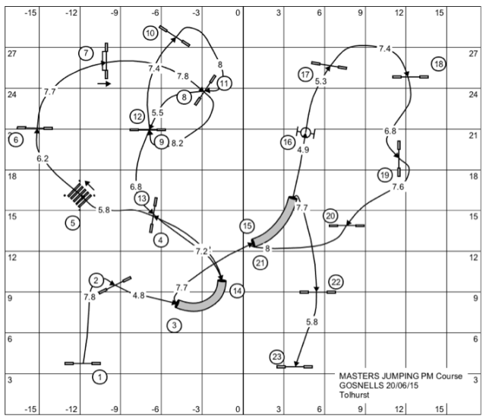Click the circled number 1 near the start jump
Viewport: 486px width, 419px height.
click(99, 377)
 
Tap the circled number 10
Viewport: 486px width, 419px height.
click(150, 33)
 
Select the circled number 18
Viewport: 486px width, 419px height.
click(439, 64)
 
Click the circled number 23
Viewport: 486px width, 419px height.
click(276, 357)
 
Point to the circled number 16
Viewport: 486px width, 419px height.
click(288, 142)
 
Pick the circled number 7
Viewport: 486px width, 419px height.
click(86, 53)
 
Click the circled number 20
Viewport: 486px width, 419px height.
click(330, 216)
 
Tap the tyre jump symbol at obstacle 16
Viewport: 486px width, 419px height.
click(305, 132)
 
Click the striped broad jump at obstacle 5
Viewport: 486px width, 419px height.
click(80, 195)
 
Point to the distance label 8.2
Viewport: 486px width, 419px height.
click(177, 144)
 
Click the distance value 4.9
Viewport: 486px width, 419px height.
click(303, 150)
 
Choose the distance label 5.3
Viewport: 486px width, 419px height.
click(320, 81)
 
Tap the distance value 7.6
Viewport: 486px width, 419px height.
click(398, 187)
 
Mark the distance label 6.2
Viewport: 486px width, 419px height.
click(43, 159)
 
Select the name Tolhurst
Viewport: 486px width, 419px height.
click(355, 395)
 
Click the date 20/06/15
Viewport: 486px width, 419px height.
click(402, 386)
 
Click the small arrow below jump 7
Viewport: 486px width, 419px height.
click(104, 84)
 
